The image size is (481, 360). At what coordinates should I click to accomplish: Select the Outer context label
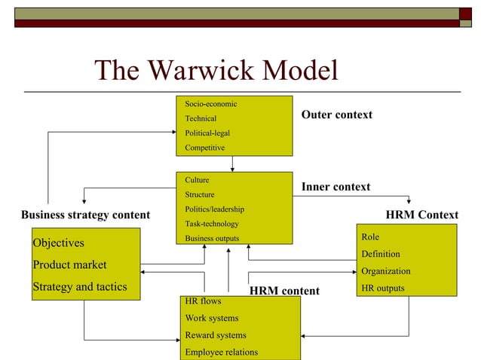336,114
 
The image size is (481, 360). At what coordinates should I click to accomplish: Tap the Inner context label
335,186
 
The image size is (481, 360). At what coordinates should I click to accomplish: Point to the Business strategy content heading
85,215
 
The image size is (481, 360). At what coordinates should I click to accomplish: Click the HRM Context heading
421,215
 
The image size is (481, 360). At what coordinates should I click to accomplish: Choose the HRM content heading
284,291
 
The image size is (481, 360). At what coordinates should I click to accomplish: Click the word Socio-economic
211,103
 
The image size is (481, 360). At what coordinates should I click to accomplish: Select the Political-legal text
207,133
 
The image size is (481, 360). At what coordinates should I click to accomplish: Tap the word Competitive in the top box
205,148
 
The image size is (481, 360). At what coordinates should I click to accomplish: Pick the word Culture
198,180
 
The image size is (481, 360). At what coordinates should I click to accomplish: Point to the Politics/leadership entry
214,209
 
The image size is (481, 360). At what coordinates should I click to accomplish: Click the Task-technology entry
212,224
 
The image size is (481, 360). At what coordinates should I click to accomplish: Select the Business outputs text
212,239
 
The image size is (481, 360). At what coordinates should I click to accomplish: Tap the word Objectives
58,243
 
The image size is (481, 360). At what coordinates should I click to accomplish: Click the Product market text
69,264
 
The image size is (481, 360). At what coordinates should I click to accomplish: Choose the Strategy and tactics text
79,286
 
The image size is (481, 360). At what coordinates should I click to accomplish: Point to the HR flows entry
203,301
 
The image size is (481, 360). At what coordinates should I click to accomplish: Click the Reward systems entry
216,335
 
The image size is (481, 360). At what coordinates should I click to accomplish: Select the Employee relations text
222,352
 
